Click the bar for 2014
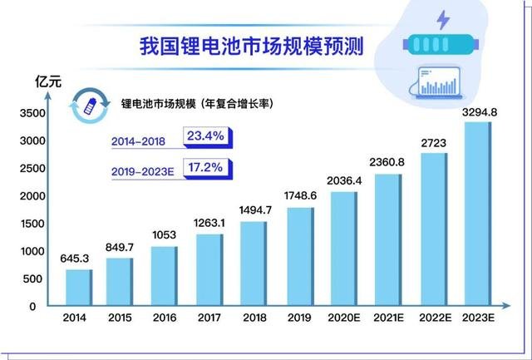coord(79,288)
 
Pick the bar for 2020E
coord(343,249)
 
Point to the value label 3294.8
coord(479,111)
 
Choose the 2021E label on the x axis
coord(387,319)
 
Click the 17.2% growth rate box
coord(205,168)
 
